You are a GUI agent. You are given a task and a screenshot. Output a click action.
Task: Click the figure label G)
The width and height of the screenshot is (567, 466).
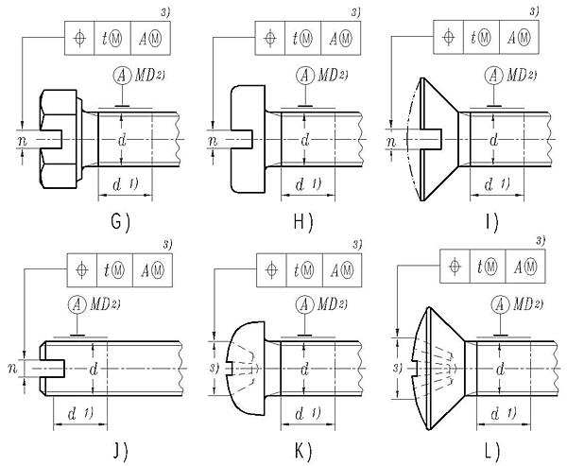coord(118,223)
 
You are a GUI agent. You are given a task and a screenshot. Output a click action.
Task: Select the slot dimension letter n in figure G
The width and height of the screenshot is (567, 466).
coord(21,140)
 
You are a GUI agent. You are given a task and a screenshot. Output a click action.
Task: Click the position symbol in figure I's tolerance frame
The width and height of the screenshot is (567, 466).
coord(454,37)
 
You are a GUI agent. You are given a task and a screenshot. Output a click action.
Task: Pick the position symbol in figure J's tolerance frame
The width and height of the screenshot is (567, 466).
coord(82,270)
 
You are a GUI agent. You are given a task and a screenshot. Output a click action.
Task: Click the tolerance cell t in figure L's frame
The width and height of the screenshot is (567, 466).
coord(486,266)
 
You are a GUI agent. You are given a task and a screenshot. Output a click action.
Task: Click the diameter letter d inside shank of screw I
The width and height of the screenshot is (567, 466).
coord(490,140)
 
